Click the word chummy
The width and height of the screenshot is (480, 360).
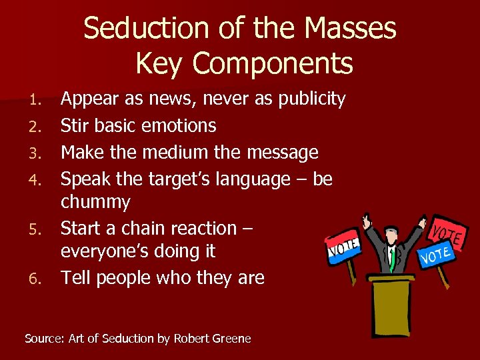[95, 201]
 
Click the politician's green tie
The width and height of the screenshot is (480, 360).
[393, 257]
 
